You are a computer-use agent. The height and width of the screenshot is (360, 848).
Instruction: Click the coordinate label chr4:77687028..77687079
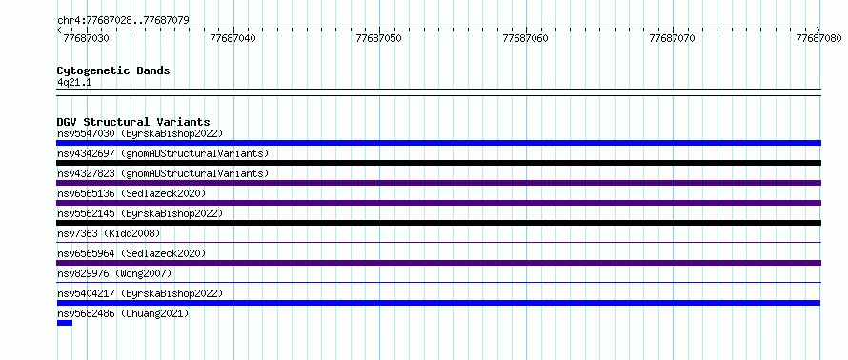pyautogui.click(x=123, y=21)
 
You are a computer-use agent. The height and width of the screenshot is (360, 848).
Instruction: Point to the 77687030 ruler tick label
pyautogui.click(x=86, y=38)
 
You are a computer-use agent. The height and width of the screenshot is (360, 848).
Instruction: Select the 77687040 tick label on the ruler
pyautogui.click(x=232, y=38)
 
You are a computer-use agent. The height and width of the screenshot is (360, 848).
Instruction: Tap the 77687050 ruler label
pyautogui.click(x=379, y=38)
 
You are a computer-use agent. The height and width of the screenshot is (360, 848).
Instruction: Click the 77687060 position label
pyautogui.click(x=526, y=38)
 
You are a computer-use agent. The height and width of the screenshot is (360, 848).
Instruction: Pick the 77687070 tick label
pyautogui.click(x=673, y=38)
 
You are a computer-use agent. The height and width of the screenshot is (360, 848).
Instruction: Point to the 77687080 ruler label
pyautogui.click(x=818, y=38)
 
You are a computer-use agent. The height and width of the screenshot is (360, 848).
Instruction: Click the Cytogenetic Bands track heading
pyautogui.click(x=113, y=70)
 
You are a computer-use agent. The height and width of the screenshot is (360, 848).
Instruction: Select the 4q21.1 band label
pyautogui.click(x=74, y=82)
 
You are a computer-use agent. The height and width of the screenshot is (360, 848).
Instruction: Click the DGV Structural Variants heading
pyautogui.click(x=133, y=122)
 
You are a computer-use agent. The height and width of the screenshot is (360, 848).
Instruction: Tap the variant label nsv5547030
pyautogui.click(x=86, y=133)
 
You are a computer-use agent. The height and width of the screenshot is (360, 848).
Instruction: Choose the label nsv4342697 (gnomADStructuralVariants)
pyautogui.click(x=163, y=153)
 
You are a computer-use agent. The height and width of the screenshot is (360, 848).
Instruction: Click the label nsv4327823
pyautogui.click(x=86, y=173)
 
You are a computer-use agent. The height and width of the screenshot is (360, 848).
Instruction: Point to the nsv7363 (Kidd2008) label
pyautogui.click(x=109, y=233)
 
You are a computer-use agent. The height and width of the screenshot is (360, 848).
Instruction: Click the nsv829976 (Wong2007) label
pyautogui.click(x=114, y=273)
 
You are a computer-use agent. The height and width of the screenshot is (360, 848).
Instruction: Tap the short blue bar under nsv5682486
pyautogui.click(x=65, y=323)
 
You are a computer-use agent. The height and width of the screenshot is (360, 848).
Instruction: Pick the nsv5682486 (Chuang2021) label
pyautogui.click(x=123, y=313)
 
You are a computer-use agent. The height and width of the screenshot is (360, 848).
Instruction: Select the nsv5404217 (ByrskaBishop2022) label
pyautogui.click(x=140, y=293)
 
